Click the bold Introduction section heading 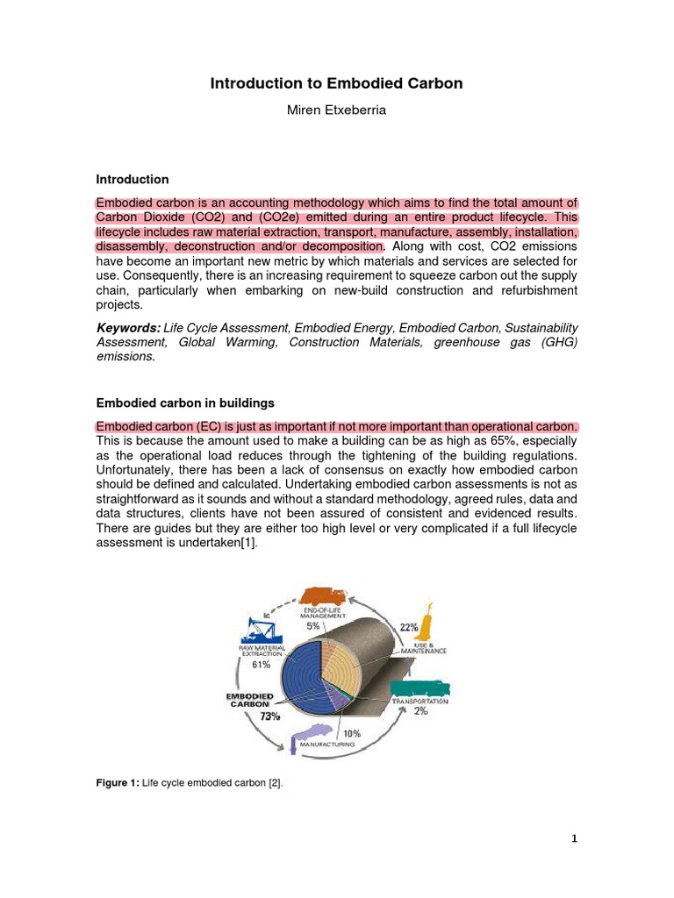tap(132, 179)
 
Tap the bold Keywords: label tap(128, 327)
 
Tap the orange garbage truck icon tap(319, 595)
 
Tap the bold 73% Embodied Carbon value tap(269, 717)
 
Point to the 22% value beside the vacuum tap(408, 629)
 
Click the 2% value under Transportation tap(421, 711)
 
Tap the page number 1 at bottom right tap(574, 838)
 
